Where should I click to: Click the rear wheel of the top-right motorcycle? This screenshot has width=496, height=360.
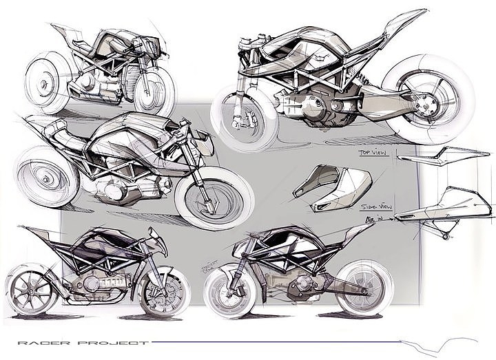pyautogui.click(x=427, y=100)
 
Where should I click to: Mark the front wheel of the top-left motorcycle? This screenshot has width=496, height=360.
pyautogui.click(x=153, y=91)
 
